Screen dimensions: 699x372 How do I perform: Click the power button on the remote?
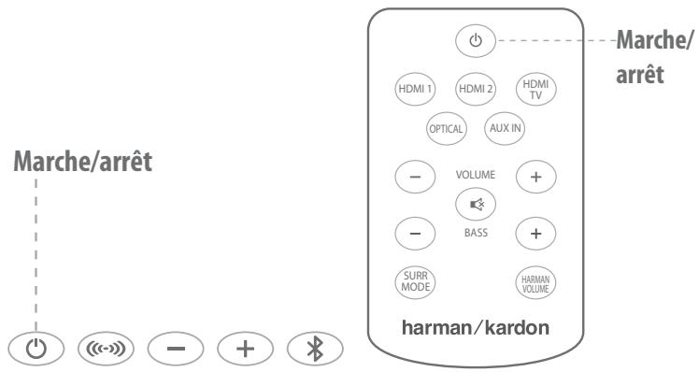tap(475, 40)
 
